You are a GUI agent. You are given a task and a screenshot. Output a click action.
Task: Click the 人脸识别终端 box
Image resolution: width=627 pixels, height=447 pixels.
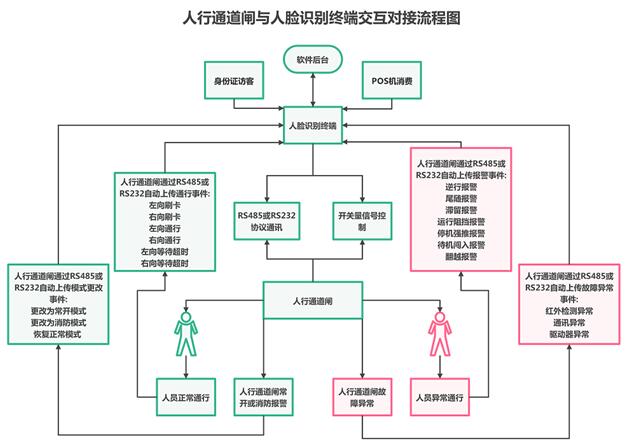pos(312,128)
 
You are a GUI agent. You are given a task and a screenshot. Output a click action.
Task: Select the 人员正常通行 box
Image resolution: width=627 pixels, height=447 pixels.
pos(186,397)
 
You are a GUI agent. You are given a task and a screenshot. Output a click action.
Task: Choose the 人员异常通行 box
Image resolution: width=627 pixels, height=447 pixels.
pos(440,397)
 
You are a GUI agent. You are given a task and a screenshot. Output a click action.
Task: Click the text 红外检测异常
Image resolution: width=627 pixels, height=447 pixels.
pos(569,311)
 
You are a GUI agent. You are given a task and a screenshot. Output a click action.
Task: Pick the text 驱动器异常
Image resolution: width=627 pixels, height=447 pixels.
pos(569,335)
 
